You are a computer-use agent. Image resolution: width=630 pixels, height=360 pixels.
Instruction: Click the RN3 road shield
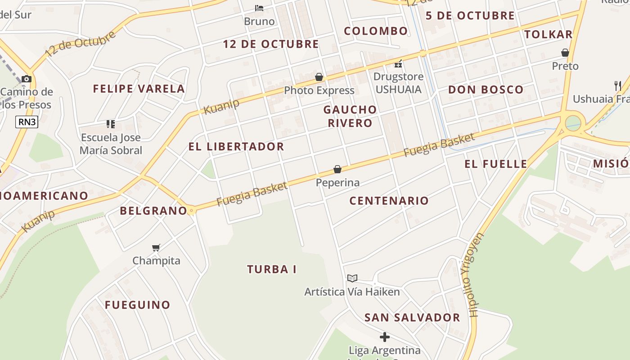click(x=27, y=121)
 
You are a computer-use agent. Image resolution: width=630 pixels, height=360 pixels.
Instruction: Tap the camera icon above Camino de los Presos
click(x=27, y=79)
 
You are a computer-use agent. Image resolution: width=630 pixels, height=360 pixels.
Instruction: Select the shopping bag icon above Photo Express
click(x=319, y=77)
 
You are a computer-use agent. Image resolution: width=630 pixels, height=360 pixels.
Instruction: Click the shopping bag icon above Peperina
click(x=337, y=169)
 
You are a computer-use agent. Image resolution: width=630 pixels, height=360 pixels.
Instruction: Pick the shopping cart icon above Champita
click(x=156, y=247)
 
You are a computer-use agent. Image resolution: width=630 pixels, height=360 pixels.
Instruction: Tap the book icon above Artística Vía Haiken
click(x=352, y=279)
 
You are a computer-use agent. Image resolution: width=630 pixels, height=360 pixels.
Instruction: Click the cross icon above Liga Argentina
click(x=385, y=337)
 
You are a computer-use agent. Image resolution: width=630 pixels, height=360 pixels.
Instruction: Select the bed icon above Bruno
click(x=259, y=8)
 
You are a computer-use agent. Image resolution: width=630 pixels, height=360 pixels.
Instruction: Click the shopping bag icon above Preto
click(x=565, y=53)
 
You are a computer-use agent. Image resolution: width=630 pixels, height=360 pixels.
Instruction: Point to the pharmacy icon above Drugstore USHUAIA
click(x=398, y=63)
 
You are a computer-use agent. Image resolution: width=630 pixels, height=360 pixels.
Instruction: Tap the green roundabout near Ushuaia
click(x=573, y=123)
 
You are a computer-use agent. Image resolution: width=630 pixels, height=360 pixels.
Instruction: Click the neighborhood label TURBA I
click(x=272, y=270)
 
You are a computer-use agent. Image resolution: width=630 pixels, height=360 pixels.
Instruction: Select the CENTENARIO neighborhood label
click(x=389, y=201)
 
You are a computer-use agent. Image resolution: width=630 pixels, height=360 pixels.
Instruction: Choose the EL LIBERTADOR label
click(x=236, y=147)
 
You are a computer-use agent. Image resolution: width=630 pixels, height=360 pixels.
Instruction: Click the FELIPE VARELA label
click(x=139, y=89)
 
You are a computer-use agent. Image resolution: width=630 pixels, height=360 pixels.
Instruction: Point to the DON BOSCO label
click(x=486, y=90)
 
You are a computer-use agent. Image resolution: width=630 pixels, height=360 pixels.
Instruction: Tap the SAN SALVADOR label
click(x=412, y=318)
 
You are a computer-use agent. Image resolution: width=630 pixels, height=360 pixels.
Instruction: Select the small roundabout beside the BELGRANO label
click(x=191, y=210)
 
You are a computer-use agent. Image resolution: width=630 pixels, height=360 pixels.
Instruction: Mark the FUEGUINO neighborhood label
click(x=138, y=305)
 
